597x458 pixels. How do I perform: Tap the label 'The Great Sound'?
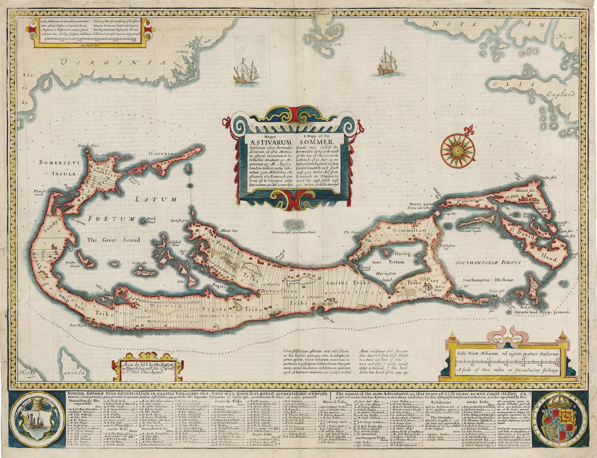point(114,240)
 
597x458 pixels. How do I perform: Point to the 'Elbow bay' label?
point(228,333)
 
